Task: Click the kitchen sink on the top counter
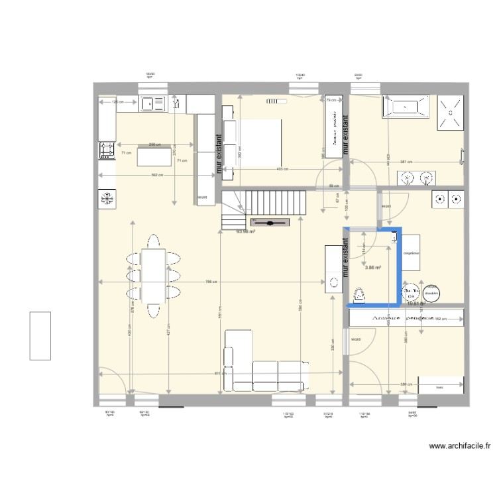(x=152, y=103)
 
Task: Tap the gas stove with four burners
(x=106, y=151)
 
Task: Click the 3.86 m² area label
(x=374, y=267)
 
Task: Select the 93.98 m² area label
(x=246, y=232)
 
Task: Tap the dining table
(x=154, y=274)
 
